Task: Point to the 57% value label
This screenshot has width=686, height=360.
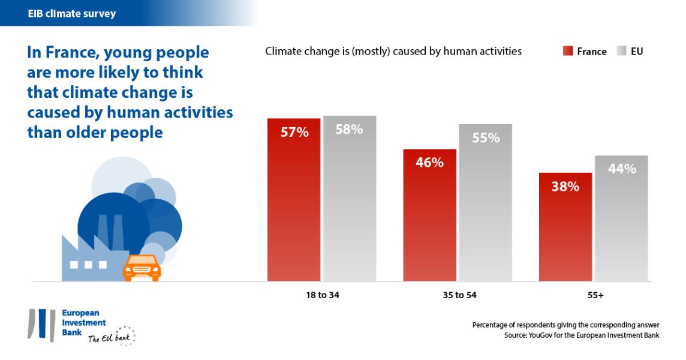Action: [x=294, y=133]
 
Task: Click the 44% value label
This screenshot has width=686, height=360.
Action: [x=622, y=169]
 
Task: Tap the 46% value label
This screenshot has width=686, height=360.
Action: [x=429, y=163]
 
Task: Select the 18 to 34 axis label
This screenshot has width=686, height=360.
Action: [x=322, y=295]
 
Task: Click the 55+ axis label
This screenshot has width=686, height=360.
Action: [x=594, y=295]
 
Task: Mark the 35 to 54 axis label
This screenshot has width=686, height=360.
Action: [x=458, y=295]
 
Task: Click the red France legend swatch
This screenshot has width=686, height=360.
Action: [x=567, y=52]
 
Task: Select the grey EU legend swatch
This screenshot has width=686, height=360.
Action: [x=621, y=52]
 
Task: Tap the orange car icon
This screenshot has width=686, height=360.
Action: [x=142, y=268]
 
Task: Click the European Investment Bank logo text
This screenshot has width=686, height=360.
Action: [x=84, y=323]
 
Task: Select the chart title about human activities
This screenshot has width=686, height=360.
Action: [x=393, y=52]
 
